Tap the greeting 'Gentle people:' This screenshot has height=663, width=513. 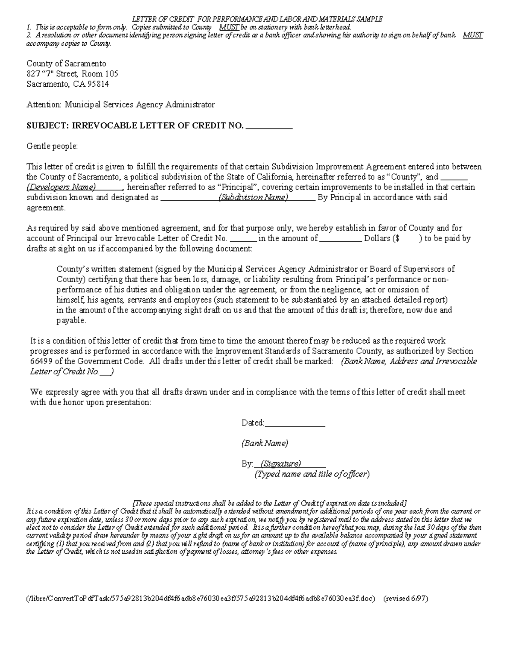pyautogui.click(x=52, y=146)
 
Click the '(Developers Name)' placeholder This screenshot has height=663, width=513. pyautogui.click(x=61, y=187)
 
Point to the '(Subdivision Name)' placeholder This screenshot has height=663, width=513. pyautogui.click(x=253, y=197)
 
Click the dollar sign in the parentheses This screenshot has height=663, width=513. pyautogui.click(x=397, y=238)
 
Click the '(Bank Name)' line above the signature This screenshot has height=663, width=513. pyautogui.click(x=265, y=443)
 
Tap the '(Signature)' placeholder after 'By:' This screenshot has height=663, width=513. pyautogui.click(x=281, y=464)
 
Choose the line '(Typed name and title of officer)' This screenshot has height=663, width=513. pyautogui.click(x=312, y=474)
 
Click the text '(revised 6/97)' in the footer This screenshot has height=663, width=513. pyautogui.click(x=406, y=598)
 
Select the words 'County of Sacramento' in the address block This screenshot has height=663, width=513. pyautogui.click(x=66, y=64)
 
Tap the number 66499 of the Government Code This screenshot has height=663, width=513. pyautogui.click(x=41, y=361)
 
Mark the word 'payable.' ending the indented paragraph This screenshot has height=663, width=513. pyautogui.click(x=71, y=320)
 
